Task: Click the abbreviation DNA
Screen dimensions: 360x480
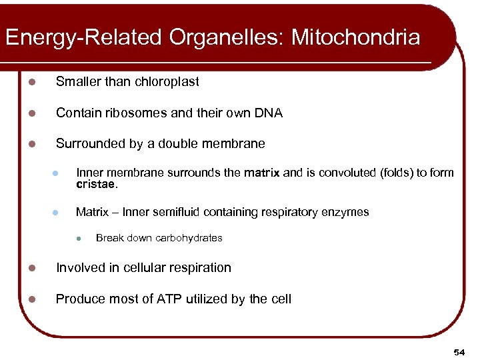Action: (x=269, y=113)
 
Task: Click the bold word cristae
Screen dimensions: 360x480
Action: (x=96, y=184)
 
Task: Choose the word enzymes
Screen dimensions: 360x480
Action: (x=346, y=212)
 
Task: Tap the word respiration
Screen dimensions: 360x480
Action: (x=199, y=268)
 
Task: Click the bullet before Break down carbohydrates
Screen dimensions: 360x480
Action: (x=79, y=239)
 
